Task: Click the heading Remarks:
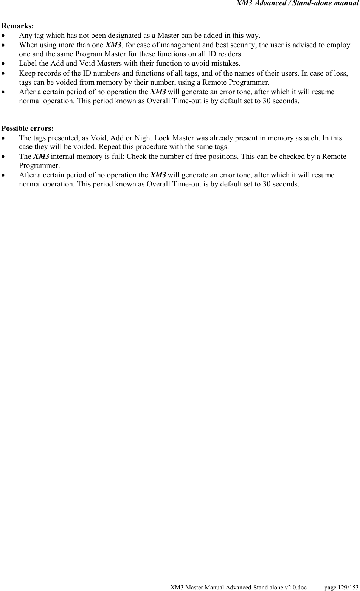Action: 17,26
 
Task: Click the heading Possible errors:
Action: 28,128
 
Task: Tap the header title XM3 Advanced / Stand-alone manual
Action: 297,3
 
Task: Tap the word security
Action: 243,45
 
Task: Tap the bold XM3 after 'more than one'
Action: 113,45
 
